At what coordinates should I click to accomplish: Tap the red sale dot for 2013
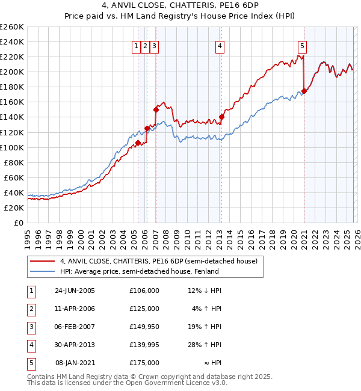pos(221,117)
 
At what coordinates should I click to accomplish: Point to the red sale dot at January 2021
pos(304,91)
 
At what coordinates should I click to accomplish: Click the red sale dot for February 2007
pos(156,109)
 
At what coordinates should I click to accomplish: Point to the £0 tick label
pos(19,223)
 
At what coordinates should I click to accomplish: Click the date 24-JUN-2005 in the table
pos(75,291)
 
